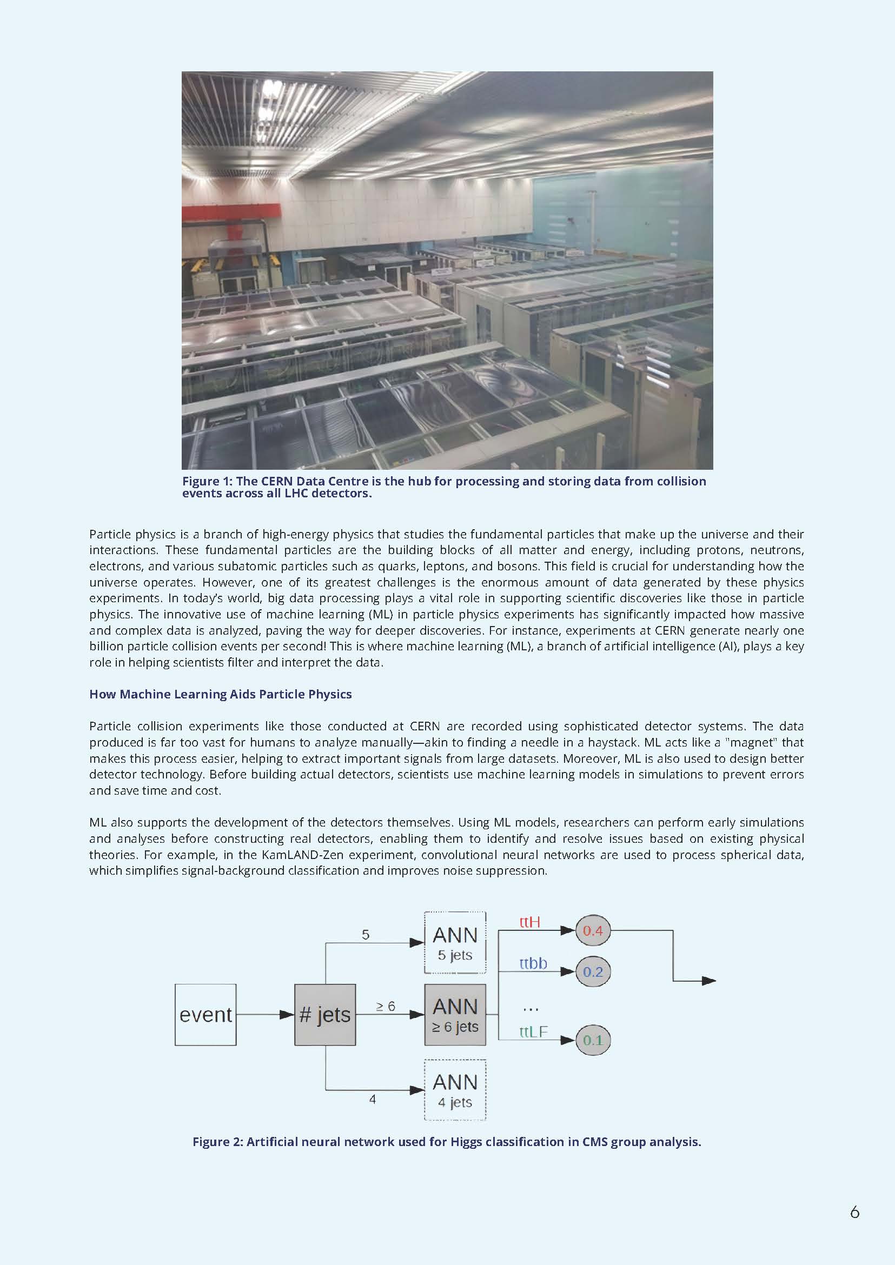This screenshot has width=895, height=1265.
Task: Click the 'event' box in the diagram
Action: click(205, 1014)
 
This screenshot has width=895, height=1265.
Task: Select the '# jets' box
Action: click(324, 1014)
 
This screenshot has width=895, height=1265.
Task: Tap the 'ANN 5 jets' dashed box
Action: click(455, 943)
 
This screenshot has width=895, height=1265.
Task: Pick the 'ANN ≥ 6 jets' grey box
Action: click(455, 1014)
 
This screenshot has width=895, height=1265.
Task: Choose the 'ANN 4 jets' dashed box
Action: click(455, 1090)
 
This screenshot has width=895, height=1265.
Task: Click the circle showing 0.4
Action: click(593, 930)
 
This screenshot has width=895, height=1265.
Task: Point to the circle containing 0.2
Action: click(593, 971)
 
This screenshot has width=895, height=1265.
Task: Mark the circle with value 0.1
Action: click(593, 1040)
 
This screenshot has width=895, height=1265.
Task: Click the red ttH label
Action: click(529, 922)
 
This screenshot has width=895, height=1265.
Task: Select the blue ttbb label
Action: click(533, 963)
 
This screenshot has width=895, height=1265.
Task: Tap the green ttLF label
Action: click(533, 1031)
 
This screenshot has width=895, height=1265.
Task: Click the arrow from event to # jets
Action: click(264, 1014)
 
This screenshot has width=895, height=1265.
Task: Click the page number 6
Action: click(854, 1212)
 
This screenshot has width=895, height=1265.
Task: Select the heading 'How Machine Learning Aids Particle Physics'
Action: click(221, 694)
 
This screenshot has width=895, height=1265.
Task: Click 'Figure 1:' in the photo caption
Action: click(207, 481)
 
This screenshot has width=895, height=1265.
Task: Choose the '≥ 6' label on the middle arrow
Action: click(386, 1007)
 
